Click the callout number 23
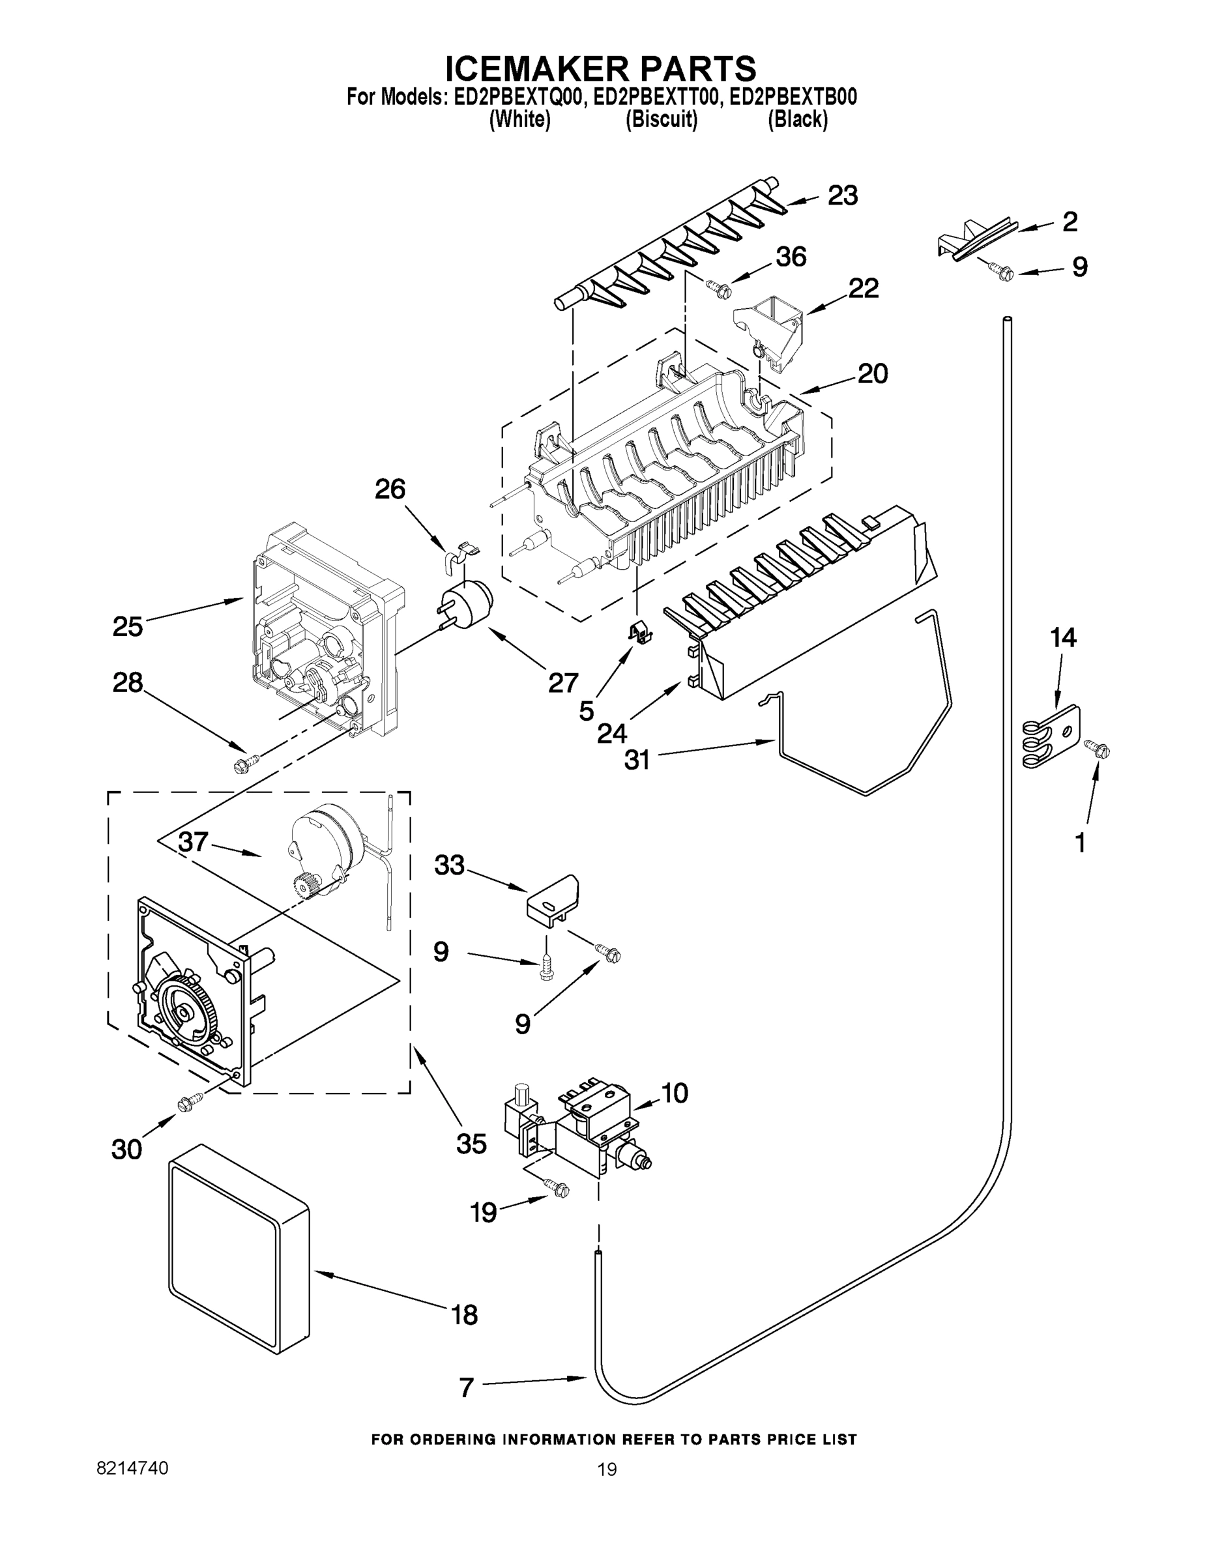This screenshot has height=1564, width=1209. tap(842, 195)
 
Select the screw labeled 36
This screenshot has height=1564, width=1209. tap(718, 288)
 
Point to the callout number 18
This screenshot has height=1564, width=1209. tap(465, 1315)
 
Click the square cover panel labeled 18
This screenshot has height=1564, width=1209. tap(239, 1260)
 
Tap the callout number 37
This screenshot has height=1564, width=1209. tap(194, 841)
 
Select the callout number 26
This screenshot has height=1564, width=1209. tap(390, 489)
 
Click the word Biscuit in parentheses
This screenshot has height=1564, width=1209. tap(661, 120)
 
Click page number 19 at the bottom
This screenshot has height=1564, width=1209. tap(607, 1470)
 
